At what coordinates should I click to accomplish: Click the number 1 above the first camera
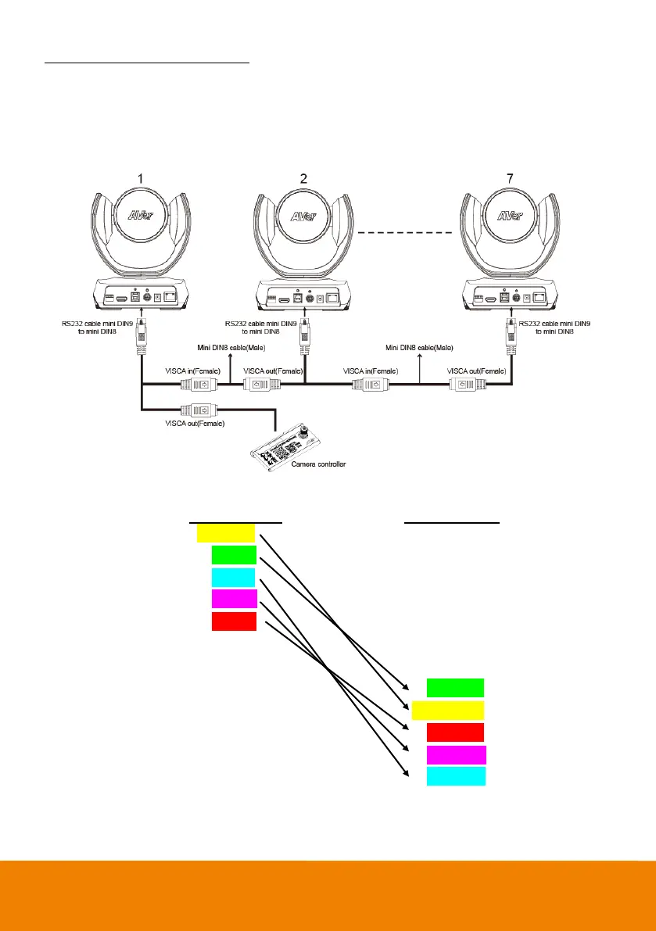pyautogui.click(x=142, y=179)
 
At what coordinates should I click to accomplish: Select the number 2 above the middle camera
pyautogui.click(x=305, y=179)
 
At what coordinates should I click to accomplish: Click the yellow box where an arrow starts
pyautogui.click(x=225, y=533)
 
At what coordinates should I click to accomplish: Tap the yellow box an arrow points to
pyautogui.click(x=447, y=710)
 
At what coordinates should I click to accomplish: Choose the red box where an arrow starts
pyautogui.click(x=234, y=621)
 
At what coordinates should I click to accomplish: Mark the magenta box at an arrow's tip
pyautogui.click(x=456, y=755)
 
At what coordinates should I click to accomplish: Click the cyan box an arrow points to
pyautogui.click(x=456, y=776)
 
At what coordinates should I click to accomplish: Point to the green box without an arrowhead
pyautogui.click(x=455, y=687)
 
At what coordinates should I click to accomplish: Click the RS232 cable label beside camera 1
pyautogui.click(x=102, y=325)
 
